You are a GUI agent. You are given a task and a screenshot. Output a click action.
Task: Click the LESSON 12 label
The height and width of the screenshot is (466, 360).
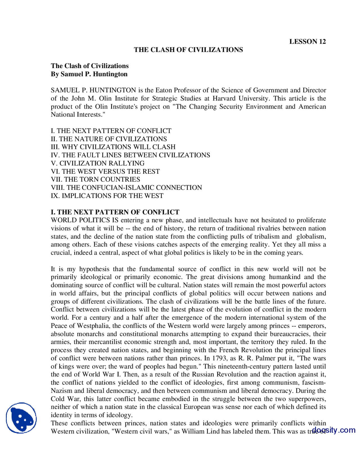(x=307, y=42)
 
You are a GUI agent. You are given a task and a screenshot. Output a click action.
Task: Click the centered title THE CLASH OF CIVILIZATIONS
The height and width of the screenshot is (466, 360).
(x=188, y=50)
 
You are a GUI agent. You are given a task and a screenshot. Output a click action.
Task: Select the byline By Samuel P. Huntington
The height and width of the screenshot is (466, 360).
(x=89, y=74)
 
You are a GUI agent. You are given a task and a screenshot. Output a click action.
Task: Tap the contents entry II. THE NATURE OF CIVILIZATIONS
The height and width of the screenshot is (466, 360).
(x=109, y=139)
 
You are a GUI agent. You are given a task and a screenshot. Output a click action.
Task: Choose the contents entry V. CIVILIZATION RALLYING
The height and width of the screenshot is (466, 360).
(x=98, y=163)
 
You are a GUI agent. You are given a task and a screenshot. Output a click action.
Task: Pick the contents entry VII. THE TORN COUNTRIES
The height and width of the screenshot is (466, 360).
(x=95, y=180)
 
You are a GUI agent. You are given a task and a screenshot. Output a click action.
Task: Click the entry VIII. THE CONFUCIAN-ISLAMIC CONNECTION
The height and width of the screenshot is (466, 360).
(x=126, y=188)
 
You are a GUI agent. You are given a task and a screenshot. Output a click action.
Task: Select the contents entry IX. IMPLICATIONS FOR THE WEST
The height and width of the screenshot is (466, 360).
(x=107, y=196)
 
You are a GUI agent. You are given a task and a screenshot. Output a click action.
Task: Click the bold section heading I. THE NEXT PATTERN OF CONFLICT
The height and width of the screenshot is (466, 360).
(x=115, y=212)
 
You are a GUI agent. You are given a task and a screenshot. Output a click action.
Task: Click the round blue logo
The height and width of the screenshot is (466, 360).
(x=21, y=418)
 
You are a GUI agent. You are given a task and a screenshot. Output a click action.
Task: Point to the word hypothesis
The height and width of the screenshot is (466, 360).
(x=94, y=269)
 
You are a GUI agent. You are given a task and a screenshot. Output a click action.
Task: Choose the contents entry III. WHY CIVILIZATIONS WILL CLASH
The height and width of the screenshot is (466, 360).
(x=113, y=147)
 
